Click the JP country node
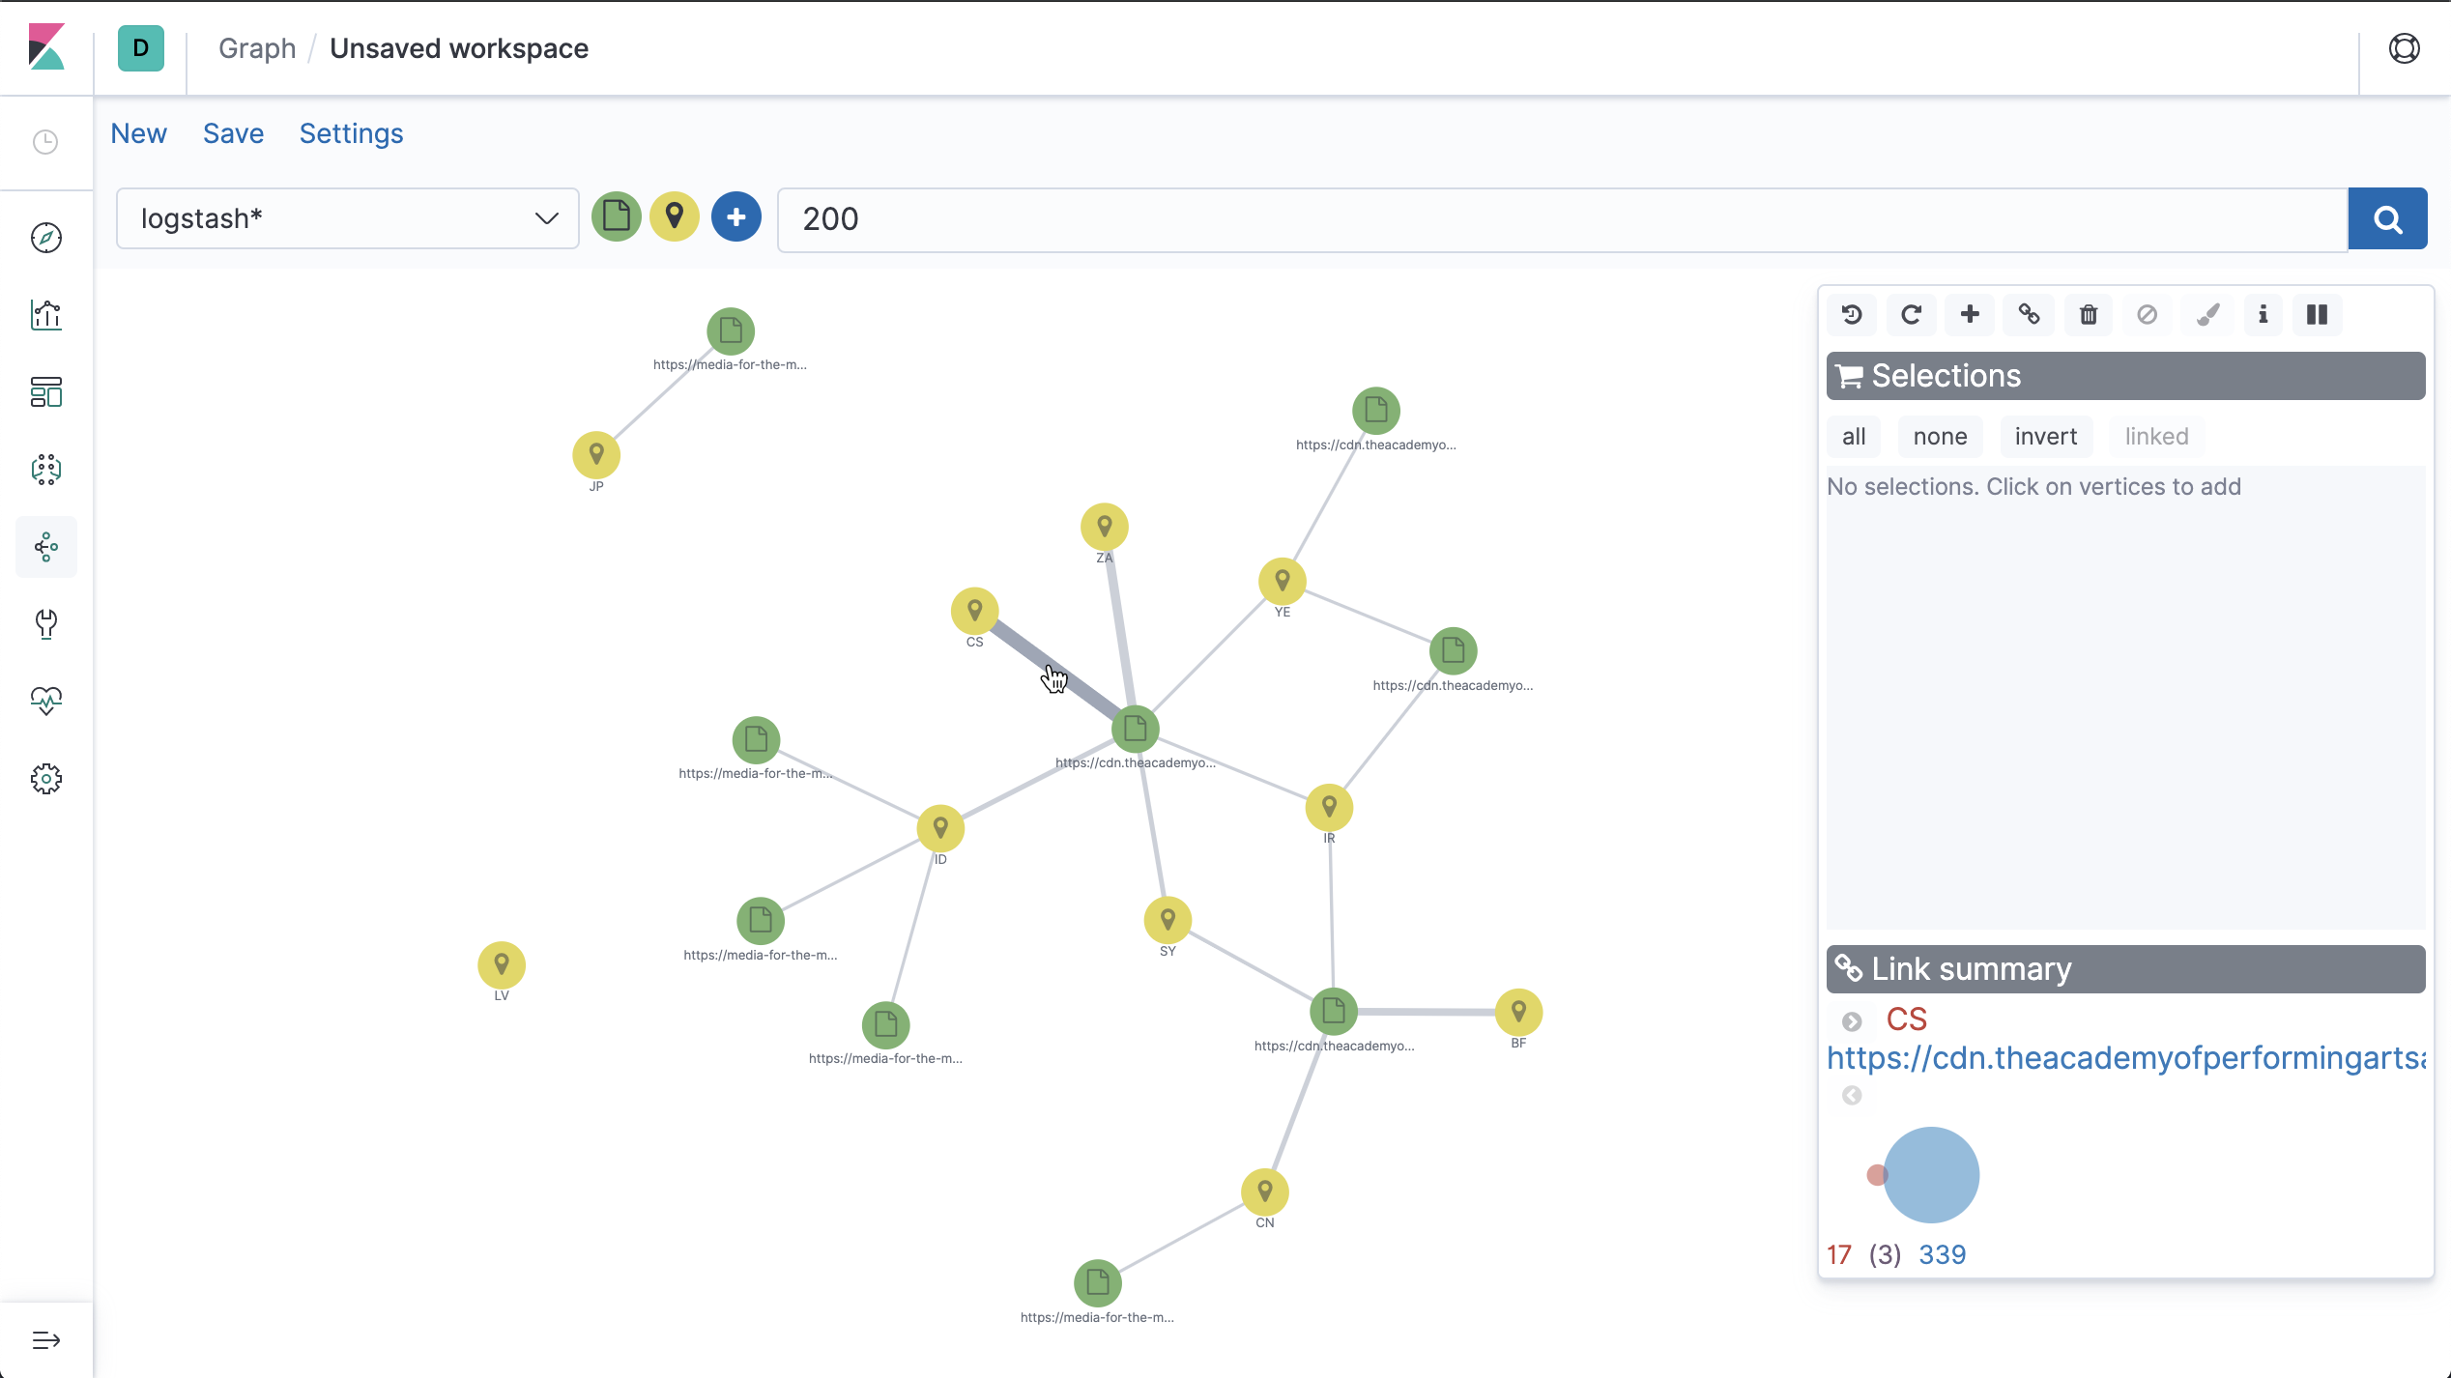(596, 454)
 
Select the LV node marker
(502, 964)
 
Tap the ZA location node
(1105, 527)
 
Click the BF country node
(1518, 1012)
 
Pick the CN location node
(1265, 1191)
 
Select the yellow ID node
(940, 828)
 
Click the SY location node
(1168, 920)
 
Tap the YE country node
(1283, 581)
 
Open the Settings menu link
(351, 133)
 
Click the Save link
(233, 133)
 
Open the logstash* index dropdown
(348, 218)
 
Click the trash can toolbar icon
(2088, 315)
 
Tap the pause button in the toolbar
(2317, 315)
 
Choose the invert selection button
(2045, 437)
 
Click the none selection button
(1940, 437)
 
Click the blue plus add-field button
(736, 217)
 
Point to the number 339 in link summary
(1942, 1254)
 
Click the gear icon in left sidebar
(46, 779)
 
